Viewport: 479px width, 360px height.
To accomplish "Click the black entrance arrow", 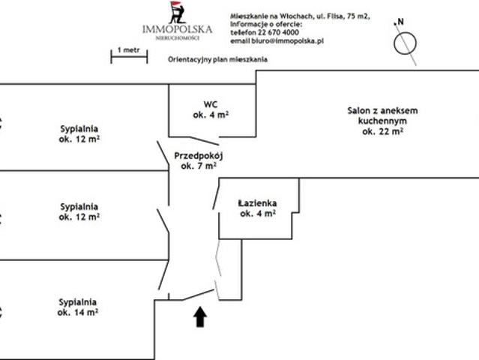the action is click(x=200, y=317).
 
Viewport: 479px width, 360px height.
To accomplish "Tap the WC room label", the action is click(x=211, y=109).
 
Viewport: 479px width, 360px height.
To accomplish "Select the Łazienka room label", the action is click(x=258, y=208).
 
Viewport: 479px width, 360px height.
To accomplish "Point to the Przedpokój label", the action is click(x=199, y=160).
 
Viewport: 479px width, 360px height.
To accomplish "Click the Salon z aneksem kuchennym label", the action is click(x=382, y=121).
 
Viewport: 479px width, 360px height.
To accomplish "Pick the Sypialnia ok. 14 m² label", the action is click(x=78, y=307).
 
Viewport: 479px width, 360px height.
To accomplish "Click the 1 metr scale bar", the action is click(x=129, y=56).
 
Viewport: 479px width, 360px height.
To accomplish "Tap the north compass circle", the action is click(x=405, y=43).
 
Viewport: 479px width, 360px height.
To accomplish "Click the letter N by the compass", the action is click(x=400, y=22).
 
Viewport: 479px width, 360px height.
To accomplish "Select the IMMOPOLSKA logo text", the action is click(x=177, y=29).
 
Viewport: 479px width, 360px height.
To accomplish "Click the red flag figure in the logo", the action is click(x=178, y=13).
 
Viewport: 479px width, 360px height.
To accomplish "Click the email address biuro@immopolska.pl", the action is click(x=287, y=41).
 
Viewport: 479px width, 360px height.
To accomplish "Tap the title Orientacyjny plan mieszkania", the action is click(x=217, y=59).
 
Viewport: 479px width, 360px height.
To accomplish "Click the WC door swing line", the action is click(x=205, y=140).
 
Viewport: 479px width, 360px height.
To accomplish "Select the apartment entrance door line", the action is click(x=198, y=295).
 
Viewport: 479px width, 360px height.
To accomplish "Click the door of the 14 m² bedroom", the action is click(x=163, y=274).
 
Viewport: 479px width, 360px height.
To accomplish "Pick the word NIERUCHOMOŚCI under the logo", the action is click(x=178, y=38).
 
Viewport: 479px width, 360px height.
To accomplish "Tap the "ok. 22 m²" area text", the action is click(x=382, y=131).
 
